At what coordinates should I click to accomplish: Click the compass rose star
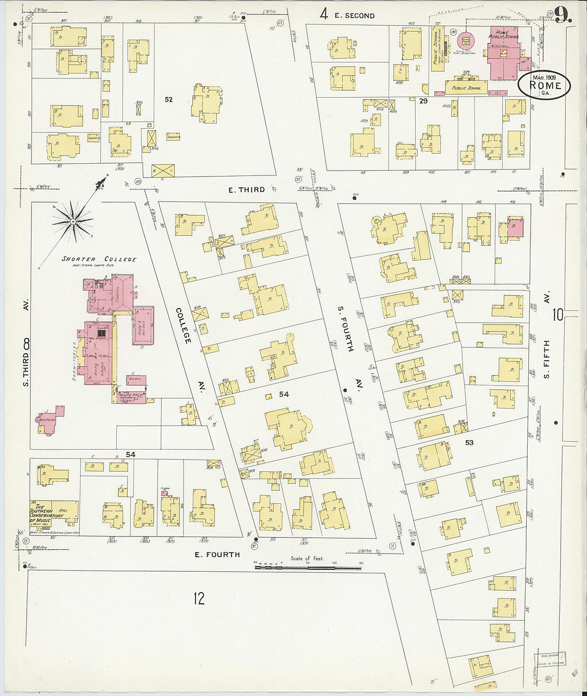click(73, 220)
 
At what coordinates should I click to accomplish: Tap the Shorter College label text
click(99, 259)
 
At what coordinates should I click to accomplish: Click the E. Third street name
click(247, 189)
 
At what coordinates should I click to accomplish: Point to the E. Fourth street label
click(217, 555)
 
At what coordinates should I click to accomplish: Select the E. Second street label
click(354, 15)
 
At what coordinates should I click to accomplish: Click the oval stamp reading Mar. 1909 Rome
click(544, 85)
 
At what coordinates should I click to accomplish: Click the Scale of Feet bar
click(308, 567)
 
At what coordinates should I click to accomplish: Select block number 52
click(169, 99)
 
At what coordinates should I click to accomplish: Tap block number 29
click(424, 101)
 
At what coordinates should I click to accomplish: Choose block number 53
click(469, 442)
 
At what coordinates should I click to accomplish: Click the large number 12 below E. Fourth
click(199, 598)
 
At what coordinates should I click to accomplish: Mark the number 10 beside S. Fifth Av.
click(558, 315)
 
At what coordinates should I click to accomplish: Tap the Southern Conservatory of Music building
click(54, 513)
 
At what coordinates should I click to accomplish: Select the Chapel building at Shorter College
click(122, 293)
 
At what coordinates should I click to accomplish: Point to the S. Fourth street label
click(344, 329)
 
